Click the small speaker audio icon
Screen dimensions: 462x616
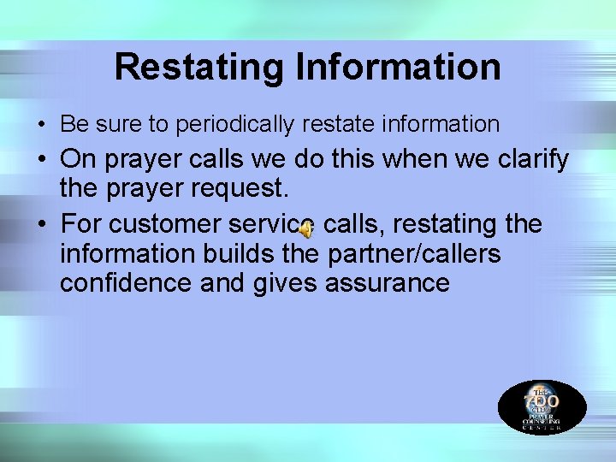306,228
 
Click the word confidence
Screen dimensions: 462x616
126,283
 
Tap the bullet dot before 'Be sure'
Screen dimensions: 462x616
42,125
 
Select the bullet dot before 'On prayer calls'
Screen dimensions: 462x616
43,160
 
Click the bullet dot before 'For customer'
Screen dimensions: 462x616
43,225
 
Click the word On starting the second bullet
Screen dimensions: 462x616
78,159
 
